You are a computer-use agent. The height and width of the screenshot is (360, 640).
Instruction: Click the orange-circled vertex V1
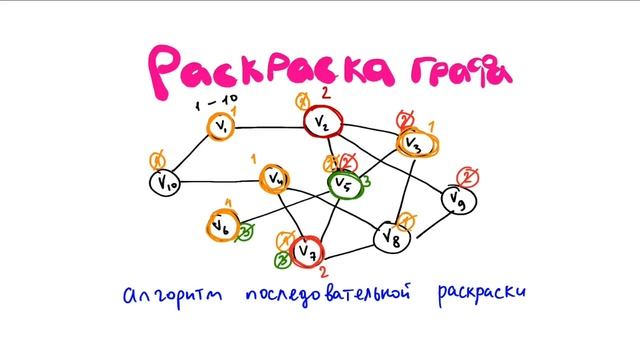click(x=222, y=127)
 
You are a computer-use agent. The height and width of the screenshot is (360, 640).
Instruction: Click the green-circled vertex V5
click(x=343, y=184)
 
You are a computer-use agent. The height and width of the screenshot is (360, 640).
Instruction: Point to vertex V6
click(x=220, y=227)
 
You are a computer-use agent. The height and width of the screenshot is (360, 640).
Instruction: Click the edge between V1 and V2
click(x=270, y=127)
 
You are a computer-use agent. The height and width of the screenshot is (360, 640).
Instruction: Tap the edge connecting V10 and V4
click(x=220, y=182)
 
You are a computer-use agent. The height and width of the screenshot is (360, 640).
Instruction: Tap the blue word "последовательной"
click(x=326, y=296)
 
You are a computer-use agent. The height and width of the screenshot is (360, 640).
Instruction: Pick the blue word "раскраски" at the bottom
click(x=480, y=296)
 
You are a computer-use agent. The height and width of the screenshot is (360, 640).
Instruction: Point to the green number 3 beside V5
click(x=367, y=181)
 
